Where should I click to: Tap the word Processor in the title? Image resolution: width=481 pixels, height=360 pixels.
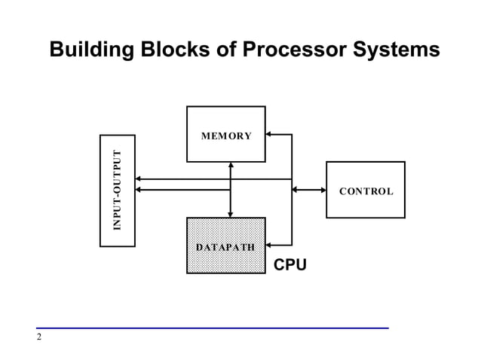[291, 50]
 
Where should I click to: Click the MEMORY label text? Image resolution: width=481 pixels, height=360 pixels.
[226, 136]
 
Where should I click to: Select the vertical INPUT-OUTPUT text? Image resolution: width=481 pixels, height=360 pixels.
[117, 191]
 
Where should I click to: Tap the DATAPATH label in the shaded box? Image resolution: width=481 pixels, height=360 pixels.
[225, 247]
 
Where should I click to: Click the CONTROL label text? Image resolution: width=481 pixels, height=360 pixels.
[366, 191]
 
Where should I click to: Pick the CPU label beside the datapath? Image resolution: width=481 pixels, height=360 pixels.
[290, 264]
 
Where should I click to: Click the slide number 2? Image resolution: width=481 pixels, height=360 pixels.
[38, 337]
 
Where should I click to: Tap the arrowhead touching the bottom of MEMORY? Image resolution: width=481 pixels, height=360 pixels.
[231, 166]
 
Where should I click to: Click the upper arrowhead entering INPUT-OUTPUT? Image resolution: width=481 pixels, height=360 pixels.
[139, 179]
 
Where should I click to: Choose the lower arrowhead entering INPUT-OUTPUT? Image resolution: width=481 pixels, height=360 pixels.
[139, 190]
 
